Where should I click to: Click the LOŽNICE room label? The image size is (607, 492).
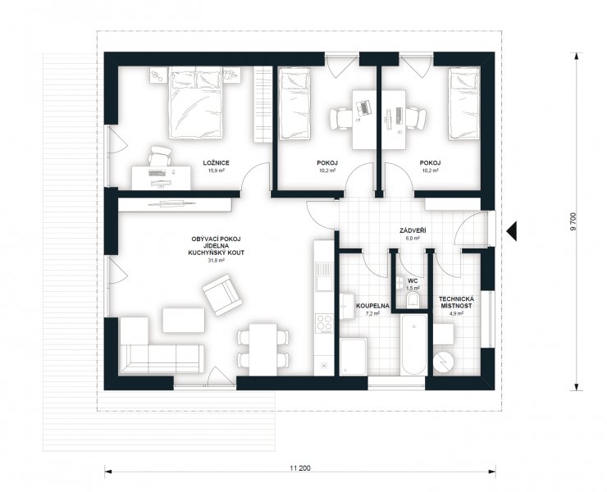pos(216,163)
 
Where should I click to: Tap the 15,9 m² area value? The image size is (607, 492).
pos(216,170)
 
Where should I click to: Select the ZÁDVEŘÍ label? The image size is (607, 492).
pos(410,230)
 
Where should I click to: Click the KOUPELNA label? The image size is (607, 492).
pos(372,305)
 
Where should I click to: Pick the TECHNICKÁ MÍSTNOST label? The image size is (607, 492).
pos(455,303)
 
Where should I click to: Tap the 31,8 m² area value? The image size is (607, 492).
pos(216,261)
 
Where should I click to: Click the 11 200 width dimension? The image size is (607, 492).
pos(299,468)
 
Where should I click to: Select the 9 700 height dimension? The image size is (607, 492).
pos(573,221)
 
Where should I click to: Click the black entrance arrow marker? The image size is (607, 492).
pos(511,231)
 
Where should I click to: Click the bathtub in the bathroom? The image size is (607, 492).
pos(414,344)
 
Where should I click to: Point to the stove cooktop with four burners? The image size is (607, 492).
pos(324,323)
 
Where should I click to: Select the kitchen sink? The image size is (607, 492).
pos(324,276)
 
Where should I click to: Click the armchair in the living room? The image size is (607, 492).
pos(222,295)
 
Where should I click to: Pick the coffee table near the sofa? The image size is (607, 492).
pos(184,320)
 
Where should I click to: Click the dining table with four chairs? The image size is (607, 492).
pos(262,349)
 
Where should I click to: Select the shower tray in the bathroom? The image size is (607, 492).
pos(354,357)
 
